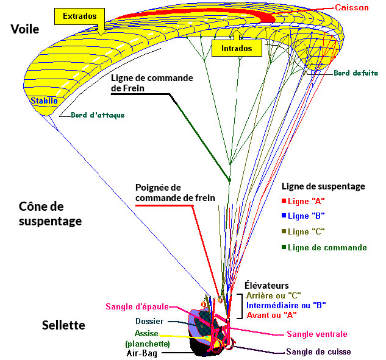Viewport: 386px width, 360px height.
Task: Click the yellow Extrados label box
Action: coord(80,16)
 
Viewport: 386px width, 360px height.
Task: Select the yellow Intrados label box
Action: coord(236,48)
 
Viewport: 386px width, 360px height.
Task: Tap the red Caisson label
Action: coord(352,7)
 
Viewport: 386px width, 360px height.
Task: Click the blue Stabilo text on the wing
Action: coord(44,99)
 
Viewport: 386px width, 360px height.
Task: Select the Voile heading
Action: coord(24,29)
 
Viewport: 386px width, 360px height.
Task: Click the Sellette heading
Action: coord(63,325)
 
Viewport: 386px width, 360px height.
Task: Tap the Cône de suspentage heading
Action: coord(46,214)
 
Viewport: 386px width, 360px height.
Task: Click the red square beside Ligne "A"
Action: coord(284,200)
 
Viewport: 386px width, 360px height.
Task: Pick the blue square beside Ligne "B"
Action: coord(284,216)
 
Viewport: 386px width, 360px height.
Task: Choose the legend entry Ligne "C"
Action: coord(306,232)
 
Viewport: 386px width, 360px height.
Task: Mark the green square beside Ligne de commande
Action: coord(284,247)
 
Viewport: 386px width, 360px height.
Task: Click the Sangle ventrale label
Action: coord(317,334)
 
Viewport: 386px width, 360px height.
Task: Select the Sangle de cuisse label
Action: coord(319,352)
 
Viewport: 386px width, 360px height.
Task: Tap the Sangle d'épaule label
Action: coord(134,306)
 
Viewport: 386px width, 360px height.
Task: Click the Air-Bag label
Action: coord(141,353)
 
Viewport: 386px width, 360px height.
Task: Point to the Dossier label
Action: coord(149,321)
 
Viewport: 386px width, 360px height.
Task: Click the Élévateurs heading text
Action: coord(266,285)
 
